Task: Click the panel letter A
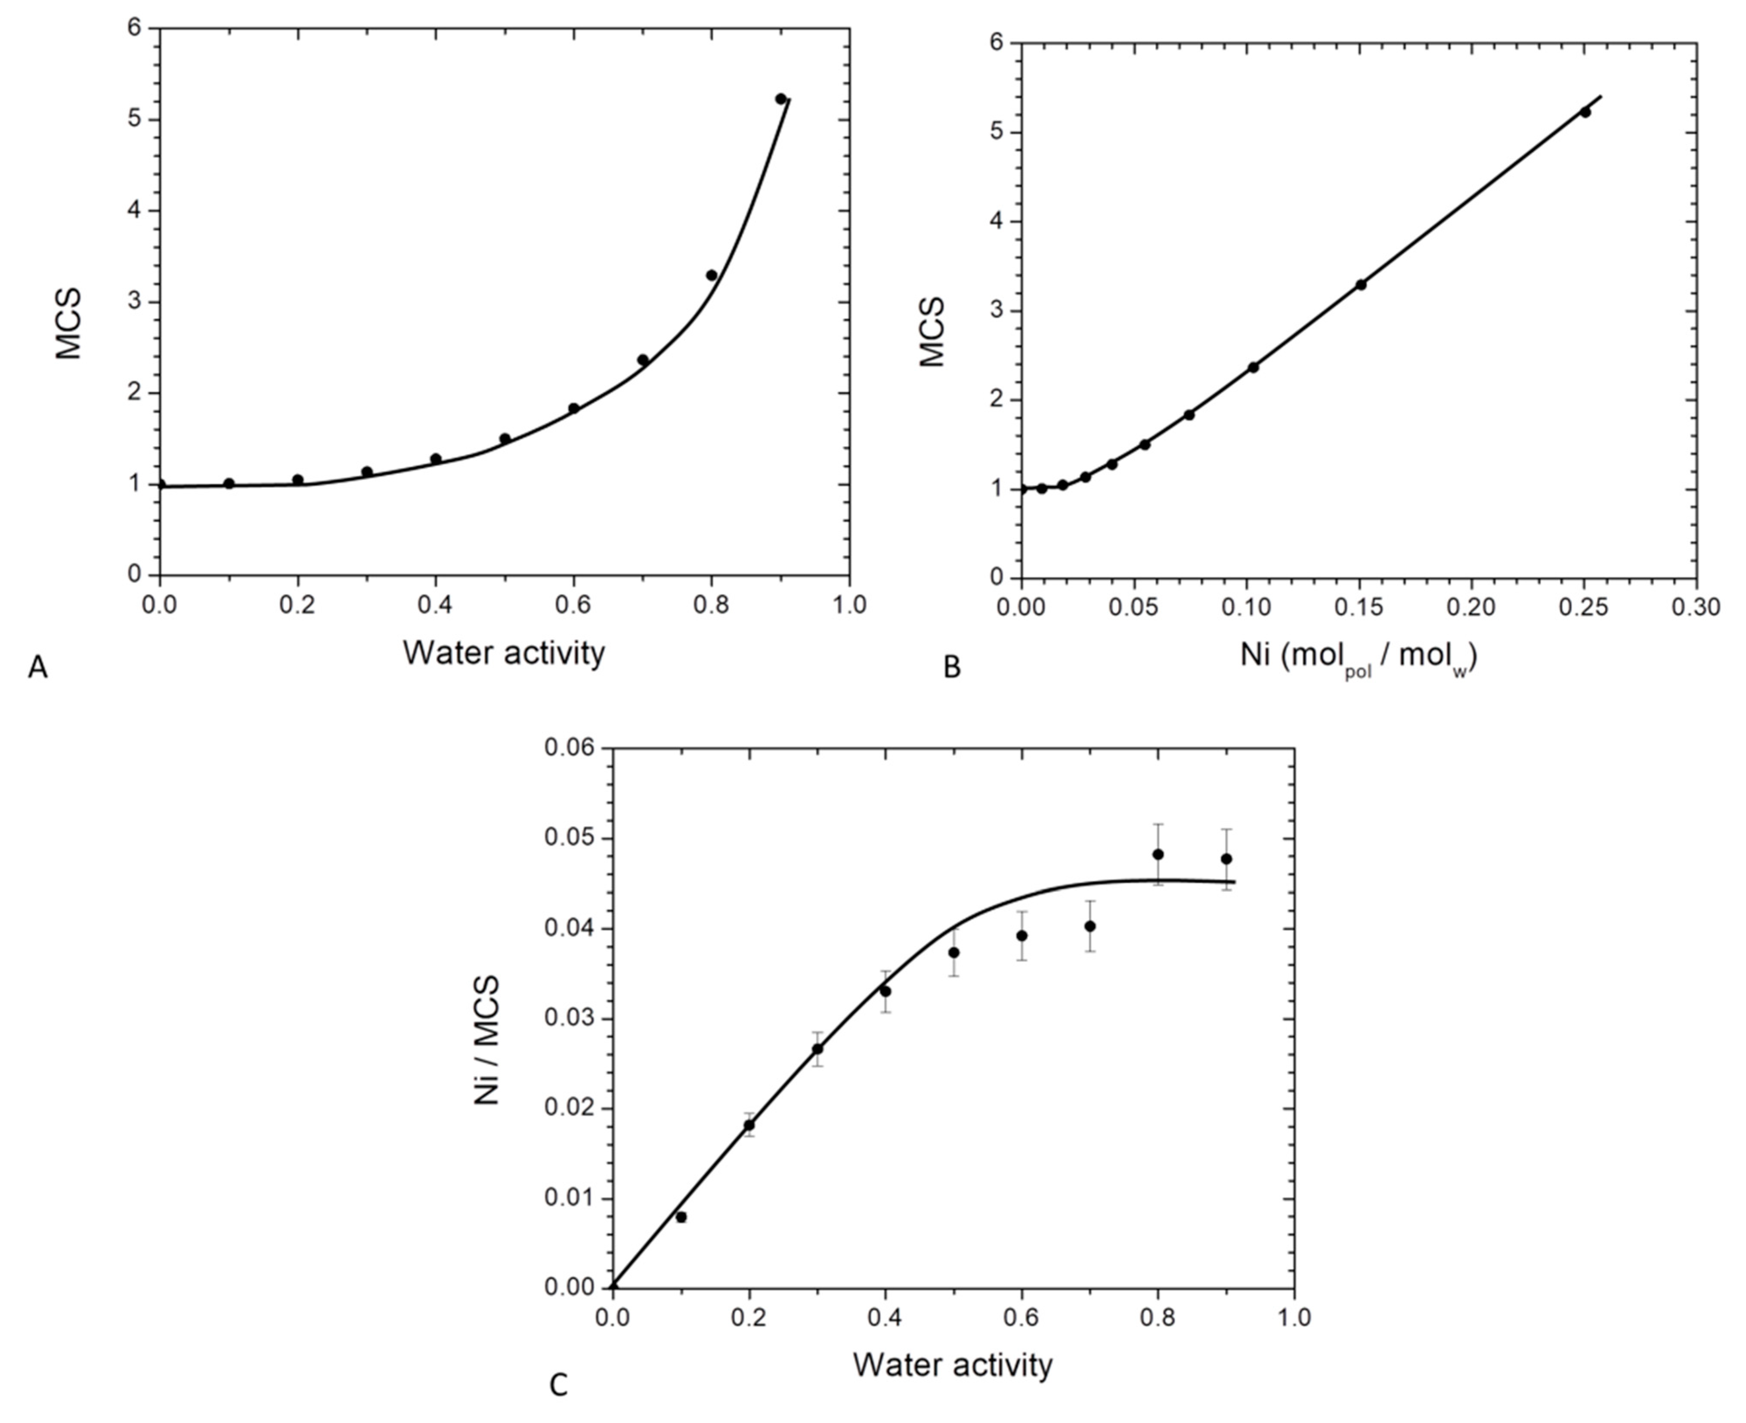pos(38,668)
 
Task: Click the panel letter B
pos(952,668)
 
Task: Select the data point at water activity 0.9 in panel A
pos(780,99)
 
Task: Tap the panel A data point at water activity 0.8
pos(712,275)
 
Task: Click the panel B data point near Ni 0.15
pos(1361,285)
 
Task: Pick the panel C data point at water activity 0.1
pos(681,1217)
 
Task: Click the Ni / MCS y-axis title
pos(487,1041)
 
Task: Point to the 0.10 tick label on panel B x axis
pos(1246,607)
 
